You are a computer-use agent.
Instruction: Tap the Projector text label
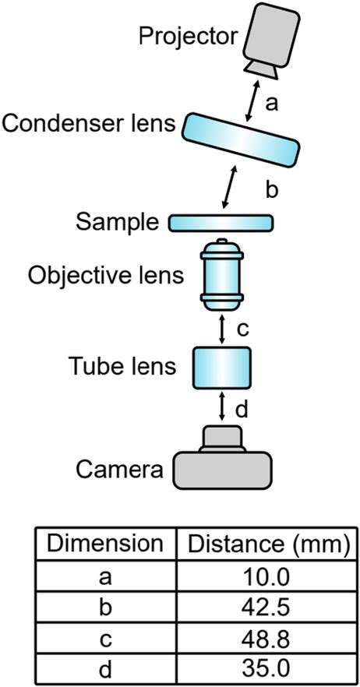click(x=188, y=37)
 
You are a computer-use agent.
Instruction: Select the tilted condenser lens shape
click(x=241, y=139)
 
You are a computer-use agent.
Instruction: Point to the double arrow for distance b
click(x=231, y=187)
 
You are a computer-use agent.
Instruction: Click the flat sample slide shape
click(x=221, y=223)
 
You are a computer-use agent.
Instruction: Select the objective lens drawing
click(x=222, y=275)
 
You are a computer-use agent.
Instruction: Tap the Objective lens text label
click(x=106, y=277)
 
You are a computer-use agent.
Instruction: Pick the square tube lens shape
click(x=222, y=368)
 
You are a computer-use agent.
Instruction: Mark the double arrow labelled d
click(x=222, y=407)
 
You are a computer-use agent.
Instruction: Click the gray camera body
click(x=223, y=457)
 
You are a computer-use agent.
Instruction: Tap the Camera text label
click(x=119, y=471)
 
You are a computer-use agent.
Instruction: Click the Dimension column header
click(x=104, y=544)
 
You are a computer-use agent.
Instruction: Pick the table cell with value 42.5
click(x=266, y=608)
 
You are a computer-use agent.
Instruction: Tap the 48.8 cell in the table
click(x=266, y=639)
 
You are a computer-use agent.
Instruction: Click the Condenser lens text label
click(x=89, y=124)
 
